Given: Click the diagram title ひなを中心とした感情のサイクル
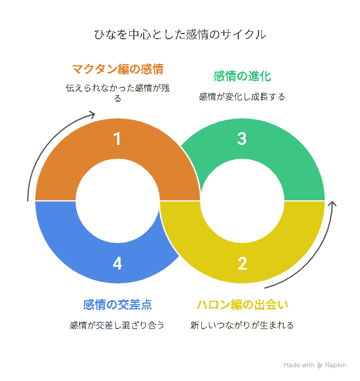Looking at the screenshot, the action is (180, 34).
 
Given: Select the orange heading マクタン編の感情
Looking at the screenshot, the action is (118, 69).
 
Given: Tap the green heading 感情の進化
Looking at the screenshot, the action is (242, 76).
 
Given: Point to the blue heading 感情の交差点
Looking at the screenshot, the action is (118, 304).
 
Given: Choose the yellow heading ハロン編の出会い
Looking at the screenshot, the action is (242, 304).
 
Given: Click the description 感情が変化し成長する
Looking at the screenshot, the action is (242, 97).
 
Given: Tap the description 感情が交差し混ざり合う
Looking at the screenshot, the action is (117, 325).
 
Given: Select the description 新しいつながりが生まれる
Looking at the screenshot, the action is (242, 325).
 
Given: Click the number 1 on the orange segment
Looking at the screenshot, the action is (117, 139).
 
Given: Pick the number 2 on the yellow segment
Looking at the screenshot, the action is (242, 264).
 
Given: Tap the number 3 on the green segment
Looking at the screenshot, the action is (242, 139).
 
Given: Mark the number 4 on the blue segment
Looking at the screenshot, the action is (117, 264).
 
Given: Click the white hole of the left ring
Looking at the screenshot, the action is (118, 201).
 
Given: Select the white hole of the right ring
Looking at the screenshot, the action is (242, 201).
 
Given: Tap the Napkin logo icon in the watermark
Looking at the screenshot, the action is (320, 365).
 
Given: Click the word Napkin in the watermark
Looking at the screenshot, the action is (335, 365).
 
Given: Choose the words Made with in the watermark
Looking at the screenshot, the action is (299, 365).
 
